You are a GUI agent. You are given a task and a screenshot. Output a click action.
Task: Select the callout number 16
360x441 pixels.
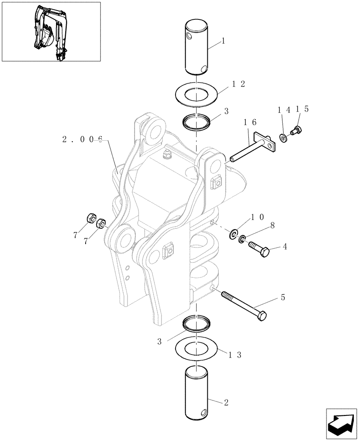point(249,122)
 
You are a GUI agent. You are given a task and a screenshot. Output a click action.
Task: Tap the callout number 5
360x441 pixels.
point(282,298)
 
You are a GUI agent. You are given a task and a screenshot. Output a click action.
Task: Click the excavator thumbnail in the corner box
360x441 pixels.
point(51,32)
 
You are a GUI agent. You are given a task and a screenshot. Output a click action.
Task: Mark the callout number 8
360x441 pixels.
point(272,225)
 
